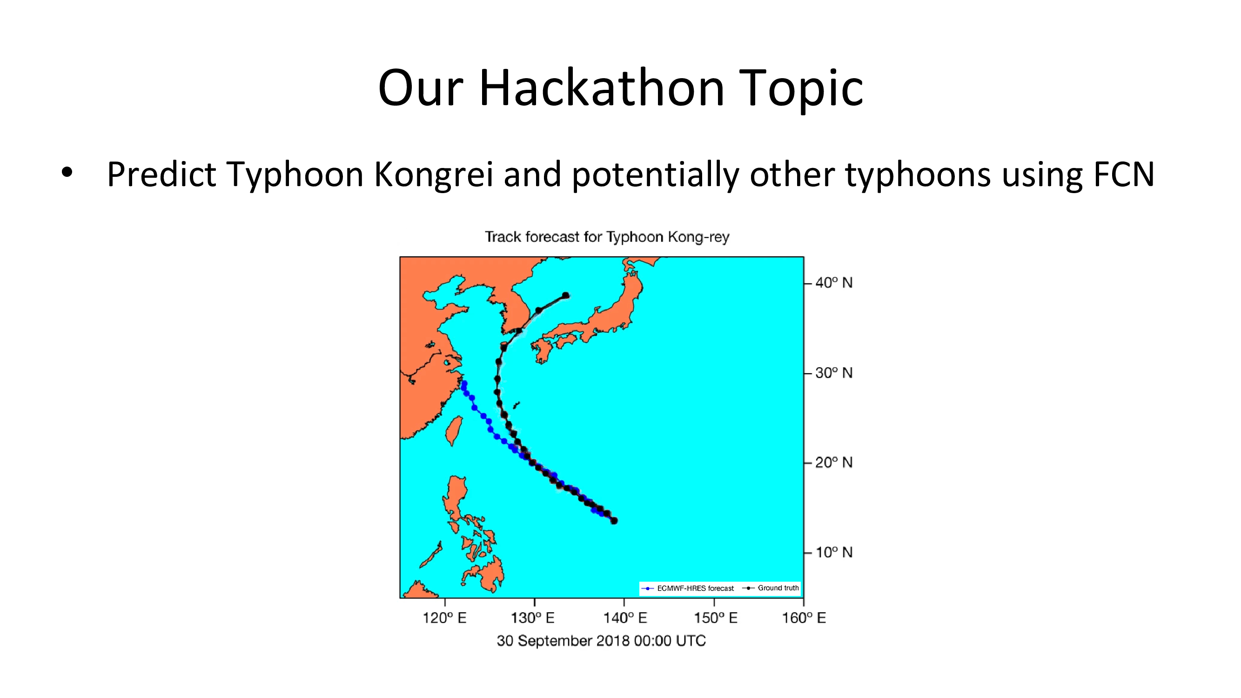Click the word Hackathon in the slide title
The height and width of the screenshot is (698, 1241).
point(602,87)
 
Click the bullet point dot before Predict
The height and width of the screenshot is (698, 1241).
point(67,172)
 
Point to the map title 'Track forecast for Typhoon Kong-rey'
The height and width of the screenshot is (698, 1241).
point(607,236)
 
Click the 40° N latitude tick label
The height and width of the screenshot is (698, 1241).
point(834,283)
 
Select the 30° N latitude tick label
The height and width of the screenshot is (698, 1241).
point(834,373)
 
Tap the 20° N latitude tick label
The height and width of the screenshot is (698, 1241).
point(834,463)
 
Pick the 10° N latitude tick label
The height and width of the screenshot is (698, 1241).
point(834,552)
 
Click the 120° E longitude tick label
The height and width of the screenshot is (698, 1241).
point(444,618)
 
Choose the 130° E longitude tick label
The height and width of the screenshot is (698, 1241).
point(533,618)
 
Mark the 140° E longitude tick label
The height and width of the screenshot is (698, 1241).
point(625,618)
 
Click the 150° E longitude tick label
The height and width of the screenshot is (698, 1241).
point(715,618)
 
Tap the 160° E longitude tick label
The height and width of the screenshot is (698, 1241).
point(804,618)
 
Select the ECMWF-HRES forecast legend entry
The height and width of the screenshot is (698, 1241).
point(688,588)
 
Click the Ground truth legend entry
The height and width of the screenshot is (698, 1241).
point(771,588)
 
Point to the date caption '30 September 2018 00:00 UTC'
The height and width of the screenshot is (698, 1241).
point(601,641)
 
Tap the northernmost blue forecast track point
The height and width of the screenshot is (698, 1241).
point(464,383)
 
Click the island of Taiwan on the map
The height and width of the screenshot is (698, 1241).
point(454,430)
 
